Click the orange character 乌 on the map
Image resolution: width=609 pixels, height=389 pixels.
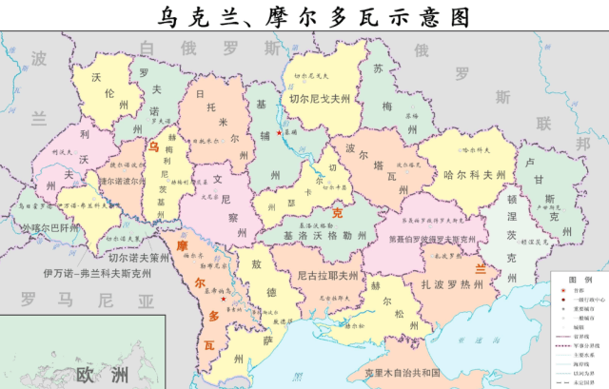point(153,147)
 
